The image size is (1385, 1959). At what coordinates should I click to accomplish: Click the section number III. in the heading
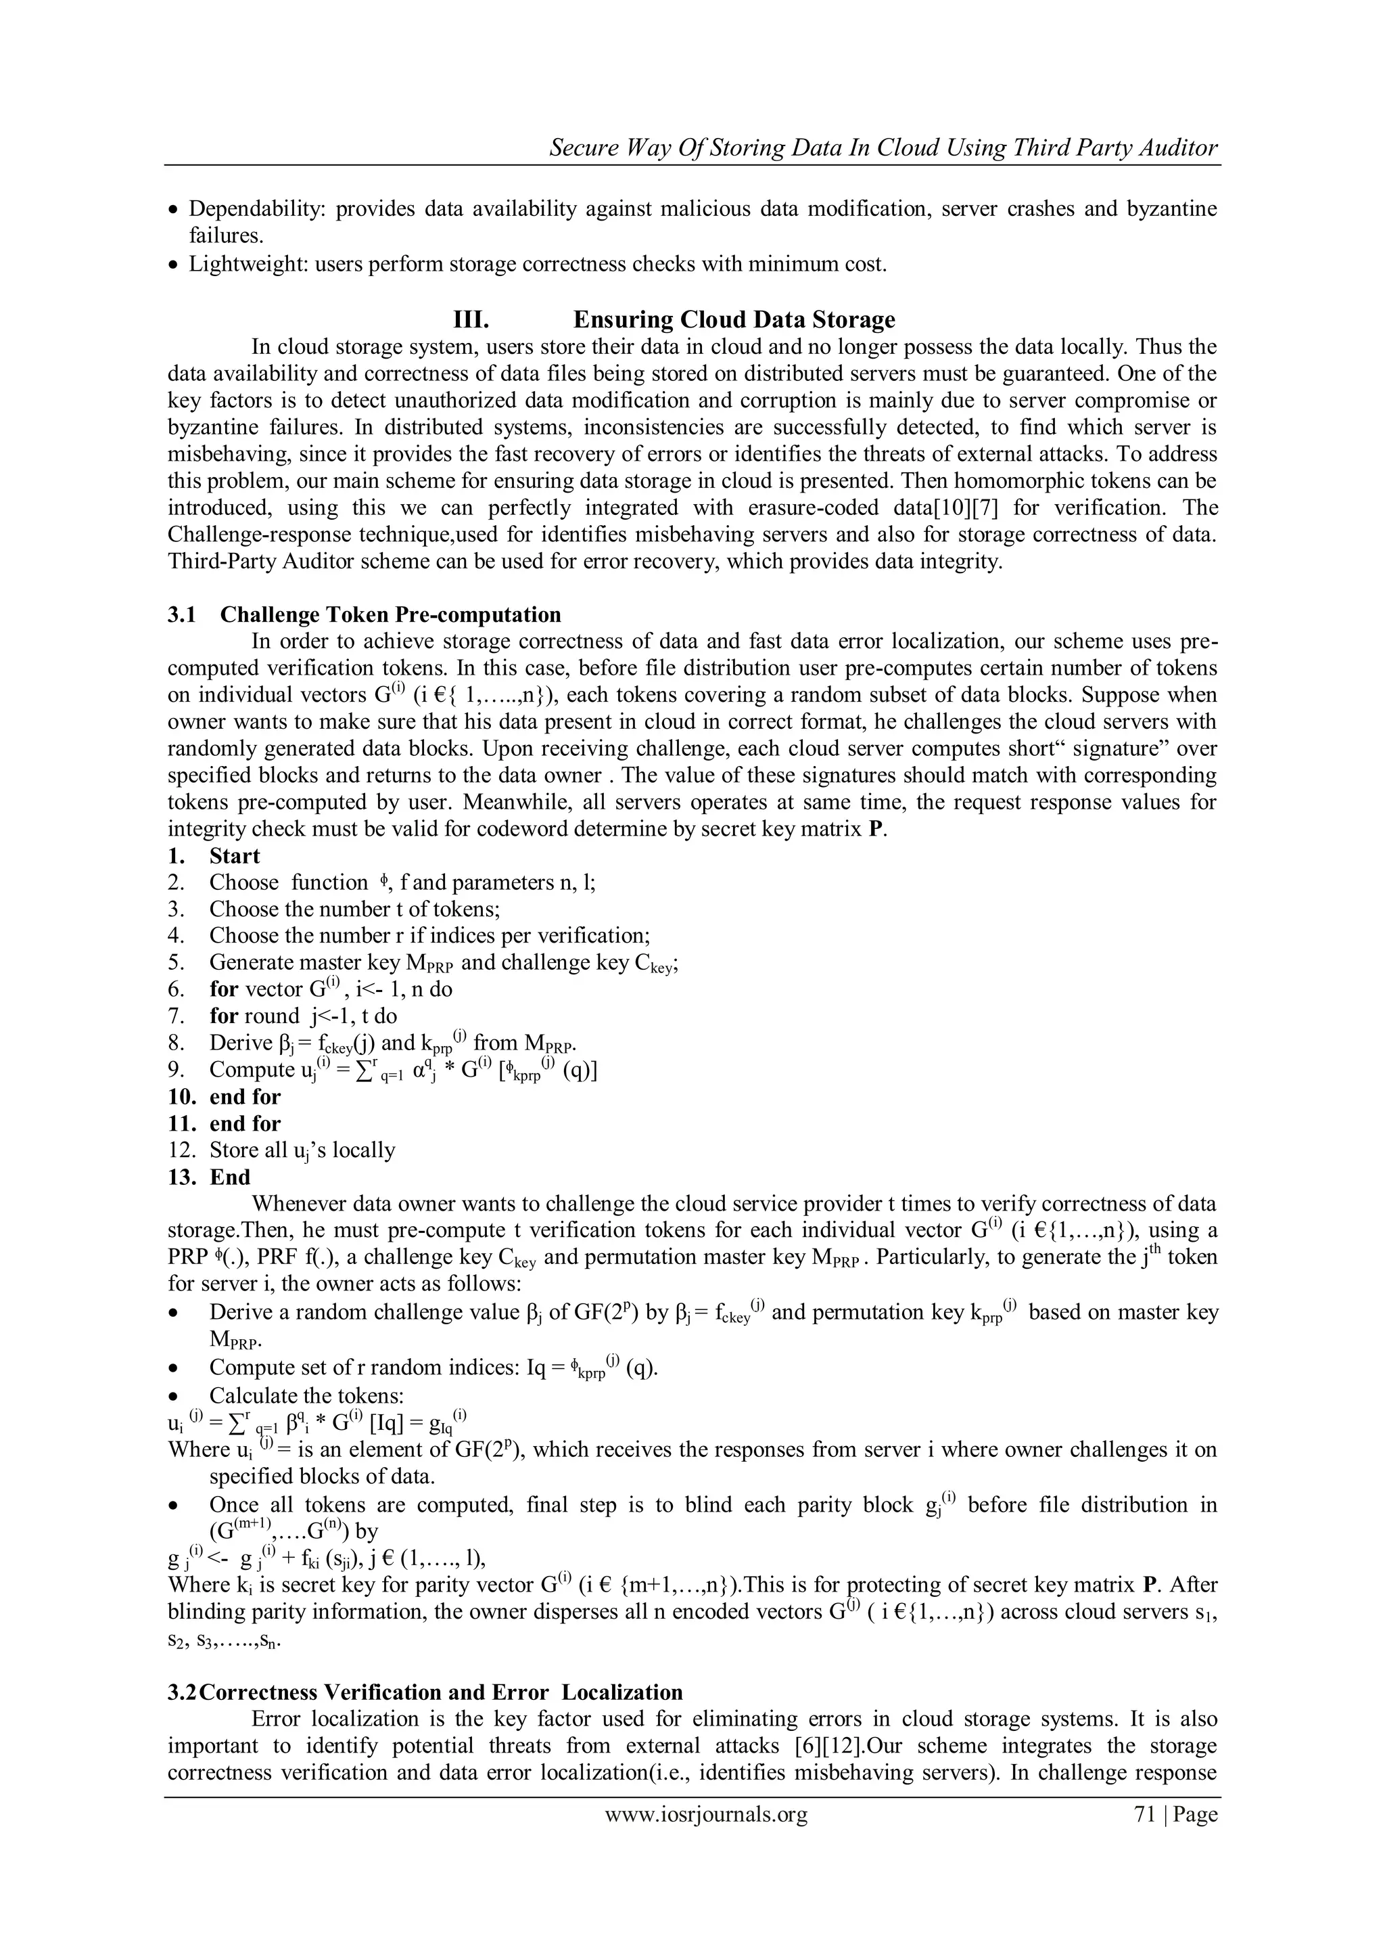pos(470,320)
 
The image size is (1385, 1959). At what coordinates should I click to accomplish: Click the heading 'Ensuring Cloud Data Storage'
pos(734,320)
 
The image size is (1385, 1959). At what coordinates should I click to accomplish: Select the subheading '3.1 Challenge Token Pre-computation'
pos(364,615)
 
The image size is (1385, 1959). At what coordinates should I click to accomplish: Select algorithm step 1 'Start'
pos(235,856)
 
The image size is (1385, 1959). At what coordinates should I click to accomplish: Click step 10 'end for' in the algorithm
pos(245,1098)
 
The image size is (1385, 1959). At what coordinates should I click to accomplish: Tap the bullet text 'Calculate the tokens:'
pos(306,1396)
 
